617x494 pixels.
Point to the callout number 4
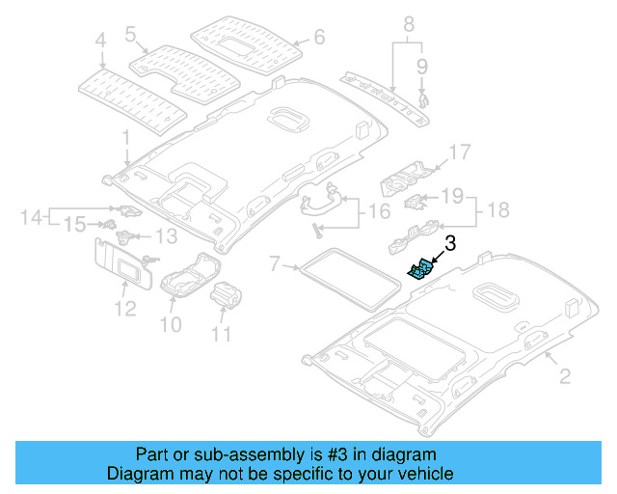99,41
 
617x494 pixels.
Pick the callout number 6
319,40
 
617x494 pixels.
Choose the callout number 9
421,66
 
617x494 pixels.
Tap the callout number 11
222,335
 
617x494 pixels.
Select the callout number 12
123,309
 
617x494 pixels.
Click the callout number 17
459,151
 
